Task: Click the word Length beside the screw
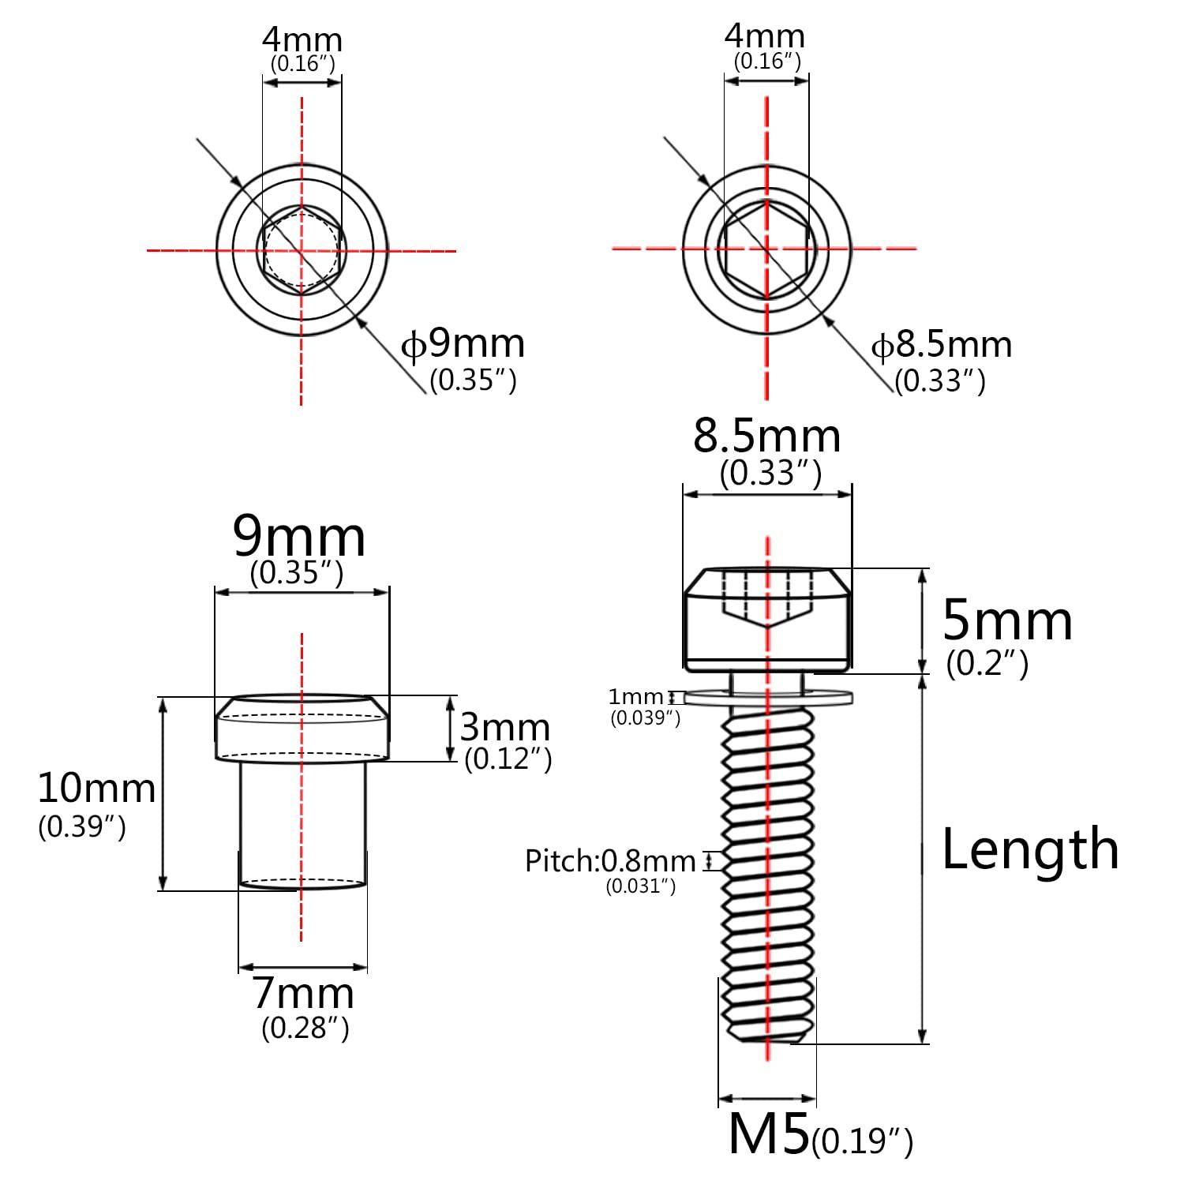(x=1030, y=849)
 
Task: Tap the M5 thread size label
(x=768, y=1134)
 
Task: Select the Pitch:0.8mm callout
(x=610, y=861)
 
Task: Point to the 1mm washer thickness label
(x=635, y=697)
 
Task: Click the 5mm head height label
(x=1007, y=621)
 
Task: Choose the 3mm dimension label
(x=504, y=727)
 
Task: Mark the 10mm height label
(x=96, y=789)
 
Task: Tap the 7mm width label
(x=303, y=994)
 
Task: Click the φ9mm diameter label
(x=463, y=344)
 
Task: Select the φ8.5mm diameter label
(x=941, y=346)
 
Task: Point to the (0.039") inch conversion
(x=645, y=718)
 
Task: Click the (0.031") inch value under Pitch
(x=640, y=886)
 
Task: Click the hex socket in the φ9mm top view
(x=302, y=250)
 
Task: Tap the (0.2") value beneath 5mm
(x=987, y=663)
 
